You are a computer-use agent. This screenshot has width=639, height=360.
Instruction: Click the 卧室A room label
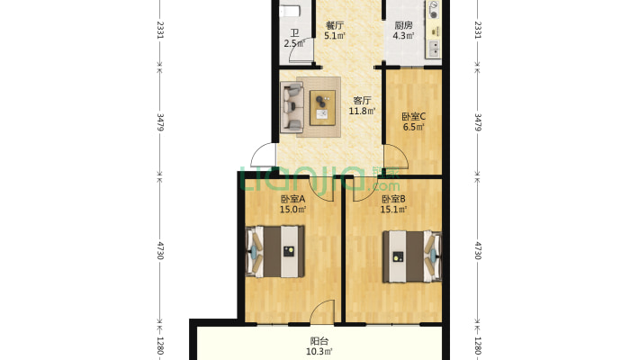pos(292,200)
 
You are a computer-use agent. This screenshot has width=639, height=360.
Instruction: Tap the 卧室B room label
pos(393,200)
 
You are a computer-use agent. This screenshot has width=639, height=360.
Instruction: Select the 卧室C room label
pos(414,117)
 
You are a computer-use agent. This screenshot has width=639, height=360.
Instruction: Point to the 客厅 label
pos(362,100)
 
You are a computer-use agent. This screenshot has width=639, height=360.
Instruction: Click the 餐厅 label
pos(334,25)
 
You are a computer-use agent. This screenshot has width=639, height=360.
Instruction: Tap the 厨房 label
pos(403,25)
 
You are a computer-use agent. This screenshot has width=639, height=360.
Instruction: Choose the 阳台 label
pos(319,341)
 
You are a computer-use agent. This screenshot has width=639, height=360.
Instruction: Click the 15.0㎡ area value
pos(292,210)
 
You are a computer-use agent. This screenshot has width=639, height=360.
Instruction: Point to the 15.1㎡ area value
pos(393,210)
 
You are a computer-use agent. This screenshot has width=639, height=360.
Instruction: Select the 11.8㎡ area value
pos(362,111)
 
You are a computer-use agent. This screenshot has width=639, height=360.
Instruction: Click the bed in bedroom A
pos(275,252)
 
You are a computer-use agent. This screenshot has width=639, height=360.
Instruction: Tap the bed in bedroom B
pos(412,256)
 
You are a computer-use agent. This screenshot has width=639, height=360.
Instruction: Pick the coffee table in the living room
pos(322,108)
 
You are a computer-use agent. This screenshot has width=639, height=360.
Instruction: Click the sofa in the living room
pos(292,107)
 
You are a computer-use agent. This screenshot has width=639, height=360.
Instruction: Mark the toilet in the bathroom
pos(289,11)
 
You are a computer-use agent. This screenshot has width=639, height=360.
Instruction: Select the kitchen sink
pos(435,49)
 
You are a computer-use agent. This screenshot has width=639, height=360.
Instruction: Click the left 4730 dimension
pos(160,250)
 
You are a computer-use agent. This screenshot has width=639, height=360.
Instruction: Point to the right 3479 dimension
pos(479,122)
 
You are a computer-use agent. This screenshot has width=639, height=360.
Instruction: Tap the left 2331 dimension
pos(160,30)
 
